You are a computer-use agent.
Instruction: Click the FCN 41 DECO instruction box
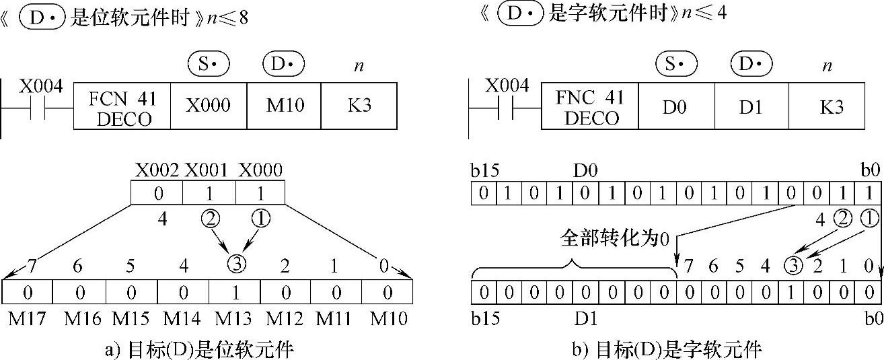pyautogui.click(x=122, y=108)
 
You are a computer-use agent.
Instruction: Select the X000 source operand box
pyautogui.click(x=208, y=106)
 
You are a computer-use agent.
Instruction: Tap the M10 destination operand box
pyautogui.click(x=283, y=106)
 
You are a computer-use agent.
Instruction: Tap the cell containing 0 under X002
pyautogui.click(x=157, y=194)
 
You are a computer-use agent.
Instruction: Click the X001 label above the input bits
pyautogui.click(x=209, y=170)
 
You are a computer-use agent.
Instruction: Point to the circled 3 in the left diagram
pyautogui.click(x=235, y=264)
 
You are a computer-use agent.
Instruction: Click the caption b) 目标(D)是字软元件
pyautogui.click(x=667, y=349)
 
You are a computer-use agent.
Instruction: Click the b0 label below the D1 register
pyautogui.click(x=873, y=318)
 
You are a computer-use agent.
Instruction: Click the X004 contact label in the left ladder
pyautogui.click(x=41, y=87)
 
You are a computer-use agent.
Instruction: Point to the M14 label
pyautogui.click(x=181, y=318)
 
